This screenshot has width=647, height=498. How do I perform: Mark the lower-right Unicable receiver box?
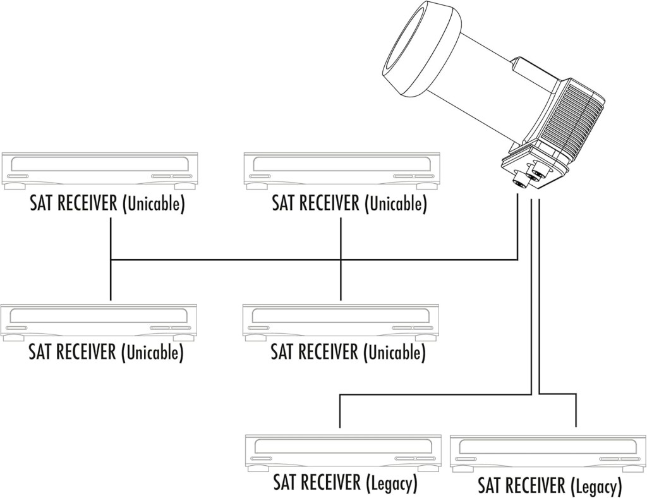point(341,322)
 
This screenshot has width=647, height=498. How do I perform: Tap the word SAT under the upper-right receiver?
point(284,203)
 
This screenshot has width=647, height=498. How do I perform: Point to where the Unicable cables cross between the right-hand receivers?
point(341,259)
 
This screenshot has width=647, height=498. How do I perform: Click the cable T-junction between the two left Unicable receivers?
point(111,259)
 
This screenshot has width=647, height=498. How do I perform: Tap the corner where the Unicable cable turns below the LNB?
point(517,259)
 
